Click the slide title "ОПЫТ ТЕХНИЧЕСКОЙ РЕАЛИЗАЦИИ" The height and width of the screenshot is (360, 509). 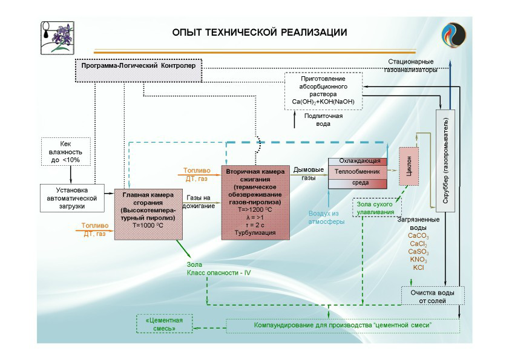click(x=259, y=32)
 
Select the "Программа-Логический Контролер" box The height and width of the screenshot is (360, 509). click(x=138, y=66)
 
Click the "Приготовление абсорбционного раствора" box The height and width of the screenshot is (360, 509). click(x=323, y=91)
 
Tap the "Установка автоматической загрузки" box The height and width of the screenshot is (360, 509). click(x=71, y=197)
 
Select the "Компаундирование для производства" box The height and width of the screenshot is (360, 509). click(x=343, y=326)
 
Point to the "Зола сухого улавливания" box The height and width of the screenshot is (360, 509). click(x=378, y=207)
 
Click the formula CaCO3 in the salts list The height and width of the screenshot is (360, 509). click(x=418, y=235)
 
